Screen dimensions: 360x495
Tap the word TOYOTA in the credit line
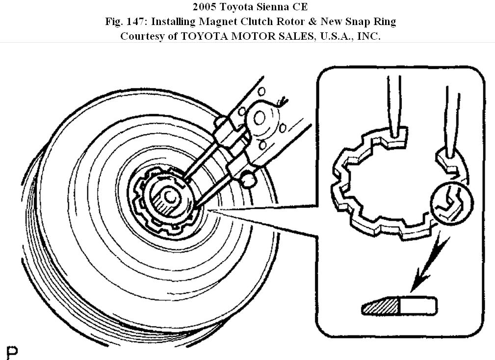[x=209, y=36]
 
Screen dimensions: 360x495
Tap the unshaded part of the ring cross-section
[x=418, y=306]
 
